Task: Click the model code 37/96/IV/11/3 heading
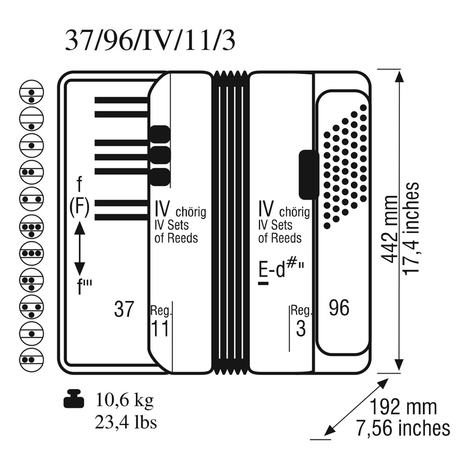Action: pos(150,40)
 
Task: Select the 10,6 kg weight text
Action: pos(125,400)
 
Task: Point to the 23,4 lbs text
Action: pos(126,423)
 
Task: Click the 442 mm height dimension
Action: pos(390,230)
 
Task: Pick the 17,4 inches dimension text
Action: pos(410,229)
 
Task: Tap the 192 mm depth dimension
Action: pos(403,407)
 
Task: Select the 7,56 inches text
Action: pos(403,428)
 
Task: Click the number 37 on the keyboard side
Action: pos(124,309)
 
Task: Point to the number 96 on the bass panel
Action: pos(339,308)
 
